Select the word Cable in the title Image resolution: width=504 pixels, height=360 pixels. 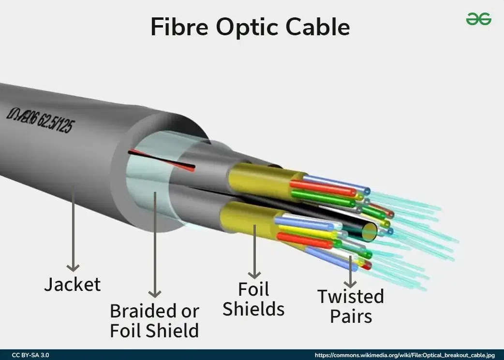click(x=317, y=27)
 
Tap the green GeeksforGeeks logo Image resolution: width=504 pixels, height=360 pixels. click(x=478, y=19)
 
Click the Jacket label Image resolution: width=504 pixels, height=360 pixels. click(x=73, y=284)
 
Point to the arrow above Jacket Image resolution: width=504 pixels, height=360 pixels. click(x=73, y=227)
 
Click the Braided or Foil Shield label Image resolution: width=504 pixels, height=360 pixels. click(x=154, y=320)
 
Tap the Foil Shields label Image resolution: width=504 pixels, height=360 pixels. click(x=253, y=299)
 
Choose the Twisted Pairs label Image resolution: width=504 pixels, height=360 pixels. click(x=351, y=306)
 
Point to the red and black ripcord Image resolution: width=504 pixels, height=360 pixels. click(x=162, y=160)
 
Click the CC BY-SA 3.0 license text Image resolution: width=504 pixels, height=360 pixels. click(x=30, y=355)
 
